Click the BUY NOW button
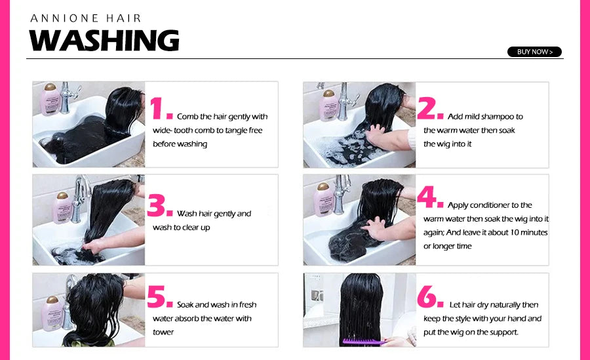pos(534,52)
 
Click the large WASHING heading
pos(104,40)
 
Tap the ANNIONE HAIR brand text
pos(86,18)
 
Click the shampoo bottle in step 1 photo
pos(50,99)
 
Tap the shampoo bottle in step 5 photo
pos(52,313)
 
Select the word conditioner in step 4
pos(489,205)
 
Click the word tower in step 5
pos(163,332)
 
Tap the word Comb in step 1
pos(187,116)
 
